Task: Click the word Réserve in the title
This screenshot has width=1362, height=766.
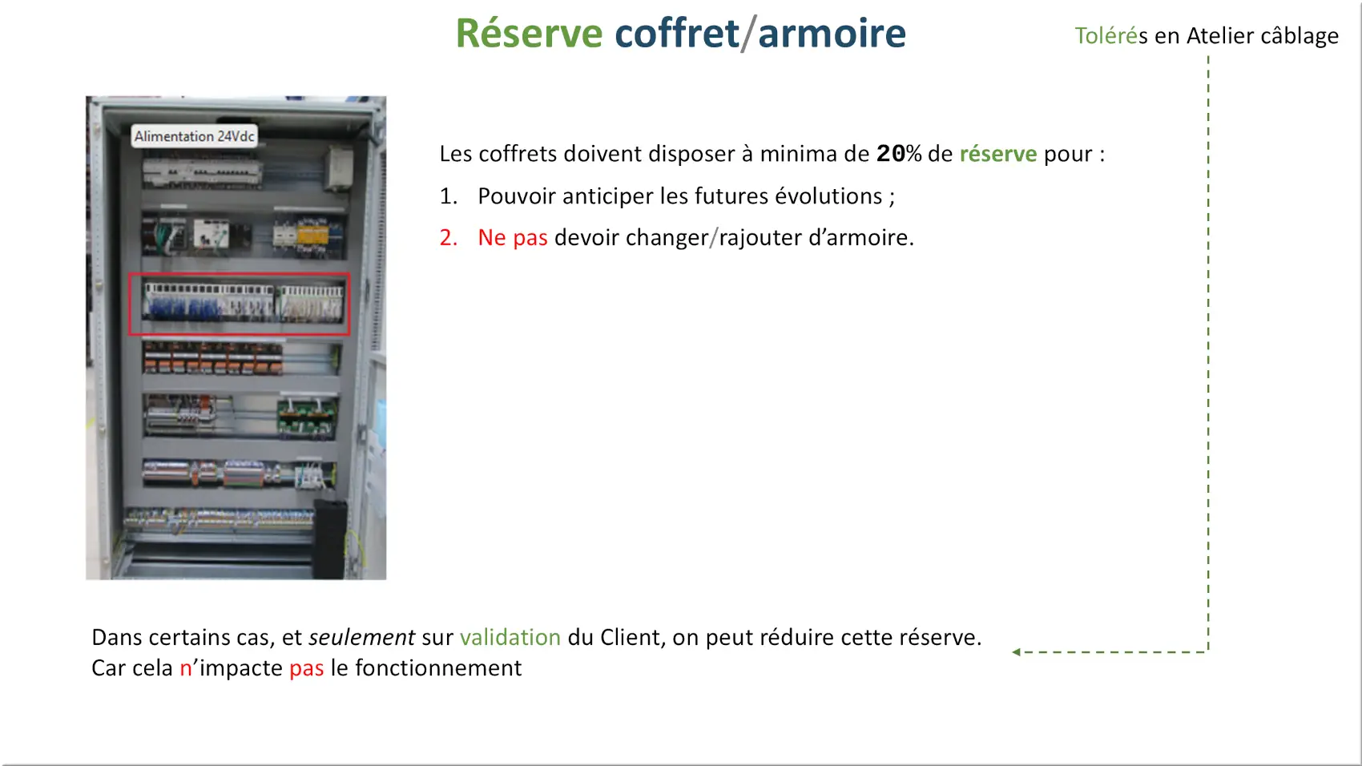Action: (x=529, y=33)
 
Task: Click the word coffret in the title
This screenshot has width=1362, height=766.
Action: (x=677, y=33)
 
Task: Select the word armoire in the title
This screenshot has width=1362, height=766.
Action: (x=832, y=33)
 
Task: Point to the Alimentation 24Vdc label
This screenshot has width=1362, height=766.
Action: (x=194, y=136)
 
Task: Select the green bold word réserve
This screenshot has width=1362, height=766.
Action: (x=997, y=155)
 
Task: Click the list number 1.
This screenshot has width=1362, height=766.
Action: (x=448, y=196)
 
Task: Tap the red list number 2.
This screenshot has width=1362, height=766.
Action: (x=448, y=238)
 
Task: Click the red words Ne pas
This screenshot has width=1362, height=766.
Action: (x=513, y=238)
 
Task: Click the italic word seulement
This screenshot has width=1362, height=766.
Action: (x=362, y=637)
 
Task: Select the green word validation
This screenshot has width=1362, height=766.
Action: (x=510, y=637)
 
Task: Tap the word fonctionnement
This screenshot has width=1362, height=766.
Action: (x=438, y=668)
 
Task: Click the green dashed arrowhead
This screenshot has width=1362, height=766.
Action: (x=1017, y=651)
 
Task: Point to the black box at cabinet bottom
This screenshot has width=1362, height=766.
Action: (x=330, y=538)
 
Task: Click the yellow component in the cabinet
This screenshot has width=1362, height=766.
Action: (x=312, y=236)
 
